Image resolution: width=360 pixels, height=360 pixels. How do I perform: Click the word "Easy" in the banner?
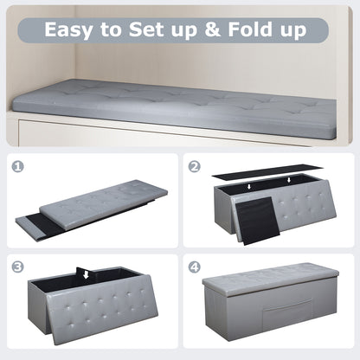click(x=72, y=30)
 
